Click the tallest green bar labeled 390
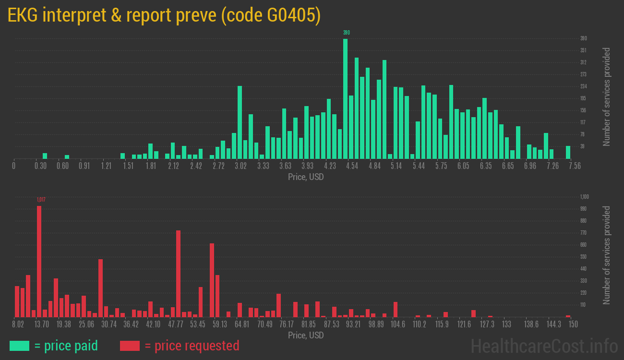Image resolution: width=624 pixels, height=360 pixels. [345, 98]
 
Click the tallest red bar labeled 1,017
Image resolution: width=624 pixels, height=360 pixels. [39, 262]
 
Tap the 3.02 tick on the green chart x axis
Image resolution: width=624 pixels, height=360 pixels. [240, 166]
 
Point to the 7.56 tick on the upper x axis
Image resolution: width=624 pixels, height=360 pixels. [574, 166]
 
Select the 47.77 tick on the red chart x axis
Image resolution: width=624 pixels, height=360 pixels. [176, 324]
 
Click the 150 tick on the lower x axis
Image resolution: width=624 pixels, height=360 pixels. [573, 324]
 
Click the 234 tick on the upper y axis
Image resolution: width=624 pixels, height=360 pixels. [583, 86]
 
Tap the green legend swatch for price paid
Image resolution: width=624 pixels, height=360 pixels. [19, 346]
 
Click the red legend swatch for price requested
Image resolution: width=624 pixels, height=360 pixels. [129, 346]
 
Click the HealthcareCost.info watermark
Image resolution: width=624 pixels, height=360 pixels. [544, 346]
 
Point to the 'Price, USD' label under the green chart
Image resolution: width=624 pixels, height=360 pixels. [306, 177]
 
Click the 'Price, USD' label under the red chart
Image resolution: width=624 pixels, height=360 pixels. [306, 335]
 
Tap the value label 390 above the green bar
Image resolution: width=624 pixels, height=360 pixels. [346, 33]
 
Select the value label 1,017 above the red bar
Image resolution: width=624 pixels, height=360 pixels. [41, 200]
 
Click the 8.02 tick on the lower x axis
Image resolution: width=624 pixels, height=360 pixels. [18, 324]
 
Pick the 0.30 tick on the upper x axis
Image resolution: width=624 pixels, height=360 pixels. [41, 166]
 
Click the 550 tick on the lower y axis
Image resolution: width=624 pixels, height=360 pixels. [583, 257]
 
